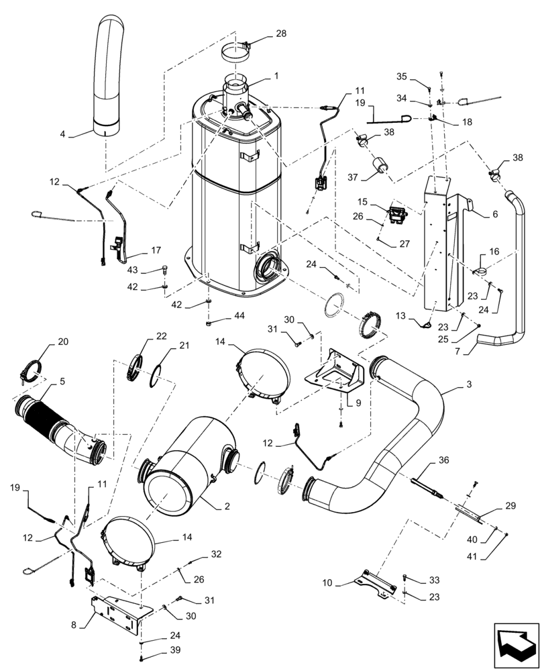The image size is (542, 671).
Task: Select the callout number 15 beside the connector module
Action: pos(380,201)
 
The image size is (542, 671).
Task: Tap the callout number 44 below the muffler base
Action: pos(240,315)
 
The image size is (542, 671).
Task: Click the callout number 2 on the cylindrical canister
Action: pos(227,506)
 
